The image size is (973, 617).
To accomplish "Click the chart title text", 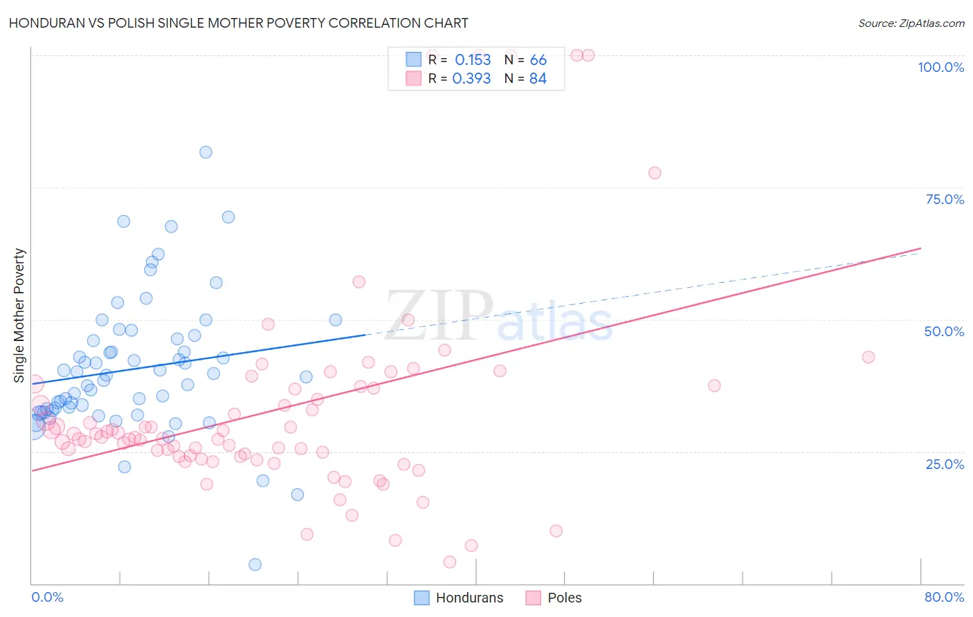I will pyautogui.click(x=239, y=23).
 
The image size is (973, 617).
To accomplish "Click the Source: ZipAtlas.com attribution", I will pyautogui.click(x=911, y=24).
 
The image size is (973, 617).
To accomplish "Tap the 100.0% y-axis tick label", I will pyautogui.click(x=940, y=67).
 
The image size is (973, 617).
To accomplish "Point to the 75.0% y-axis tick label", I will pyautogui.click(x=945, y=199).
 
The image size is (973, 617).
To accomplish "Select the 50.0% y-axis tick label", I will pyautogui.click(x=944, y=331).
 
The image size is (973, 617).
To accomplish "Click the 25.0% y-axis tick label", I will pyautogui.click(x=945, y=463).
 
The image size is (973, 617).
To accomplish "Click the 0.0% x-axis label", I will pyautogui.click(x=47, y=597).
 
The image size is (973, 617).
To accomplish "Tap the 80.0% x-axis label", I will pyautogui.click(x=944, y=597).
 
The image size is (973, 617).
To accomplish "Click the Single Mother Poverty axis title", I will pyautogui.click(x=19, y=315).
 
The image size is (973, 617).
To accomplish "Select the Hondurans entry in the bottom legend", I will pyautogui.click(x=469, y=598).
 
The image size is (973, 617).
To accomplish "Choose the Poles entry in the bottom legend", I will pyautogui.click(x=564, y=598).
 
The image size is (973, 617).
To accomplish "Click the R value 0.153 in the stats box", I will pyautogui.click(x=473, y=60).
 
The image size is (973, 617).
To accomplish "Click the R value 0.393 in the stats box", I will pyautogui.click(x=471, y=79).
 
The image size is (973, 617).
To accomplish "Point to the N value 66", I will pyautogui.click(x=538, y=60).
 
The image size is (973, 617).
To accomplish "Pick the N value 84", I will pyautogui.click(x=538, y=79).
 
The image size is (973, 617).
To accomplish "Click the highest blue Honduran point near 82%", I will pyautogui.click(x=206, y=152).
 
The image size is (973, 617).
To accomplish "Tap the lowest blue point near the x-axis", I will pyautogui.click(x=255, y=564).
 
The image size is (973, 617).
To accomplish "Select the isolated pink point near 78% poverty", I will pyautogui.click(x=655, y=173).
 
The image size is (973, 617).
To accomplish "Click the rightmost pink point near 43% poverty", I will pyautogui.click(x=869, y=357).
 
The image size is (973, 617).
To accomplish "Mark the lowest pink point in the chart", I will pyautogui.click(x=450, y=562).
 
